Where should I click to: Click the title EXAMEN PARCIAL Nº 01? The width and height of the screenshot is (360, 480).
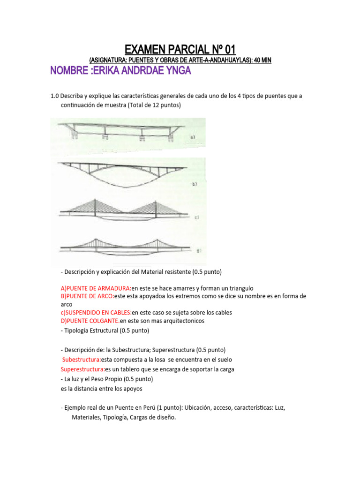coord(180,49)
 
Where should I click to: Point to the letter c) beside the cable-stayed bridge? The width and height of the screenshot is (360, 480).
coord(197,217)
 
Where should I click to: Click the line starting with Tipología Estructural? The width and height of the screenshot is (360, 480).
coord(105,330)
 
